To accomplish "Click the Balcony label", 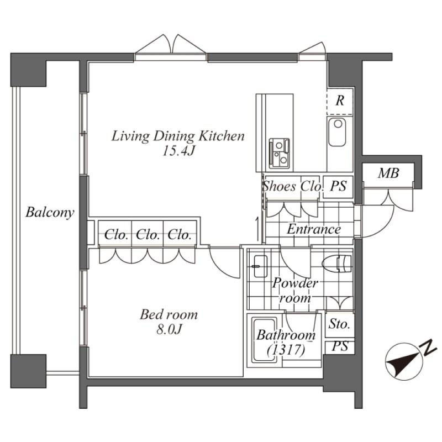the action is [x=50, y=212].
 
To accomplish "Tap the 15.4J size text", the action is [x=178, y=151].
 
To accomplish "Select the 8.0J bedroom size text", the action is [x=169, y=329].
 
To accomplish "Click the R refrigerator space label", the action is [x=340, y=101].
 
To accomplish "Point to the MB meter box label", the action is [x=388, y=173].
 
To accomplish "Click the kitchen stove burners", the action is [x=280, y=153].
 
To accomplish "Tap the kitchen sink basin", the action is [x=337, y=132].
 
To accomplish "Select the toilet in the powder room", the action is [x=337, y=264].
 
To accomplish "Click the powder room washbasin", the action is [x=260, y=266].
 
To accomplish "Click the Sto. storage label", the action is [x=339, y=324].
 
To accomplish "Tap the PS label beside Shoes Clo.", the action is [x=338, y=186].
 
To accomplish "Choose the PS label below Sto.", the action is [x=340, y=346].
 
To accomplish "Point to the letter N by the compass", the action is [x=427, y=348].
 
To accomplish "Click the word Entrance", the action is [x=314, y=229].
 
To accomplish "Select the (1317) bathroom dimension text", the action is [x=286, y=350].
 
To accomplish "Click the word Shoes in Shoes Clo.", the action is [x=280, y=186].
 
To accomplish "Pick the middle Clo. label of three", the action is [x=148, y=235].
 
